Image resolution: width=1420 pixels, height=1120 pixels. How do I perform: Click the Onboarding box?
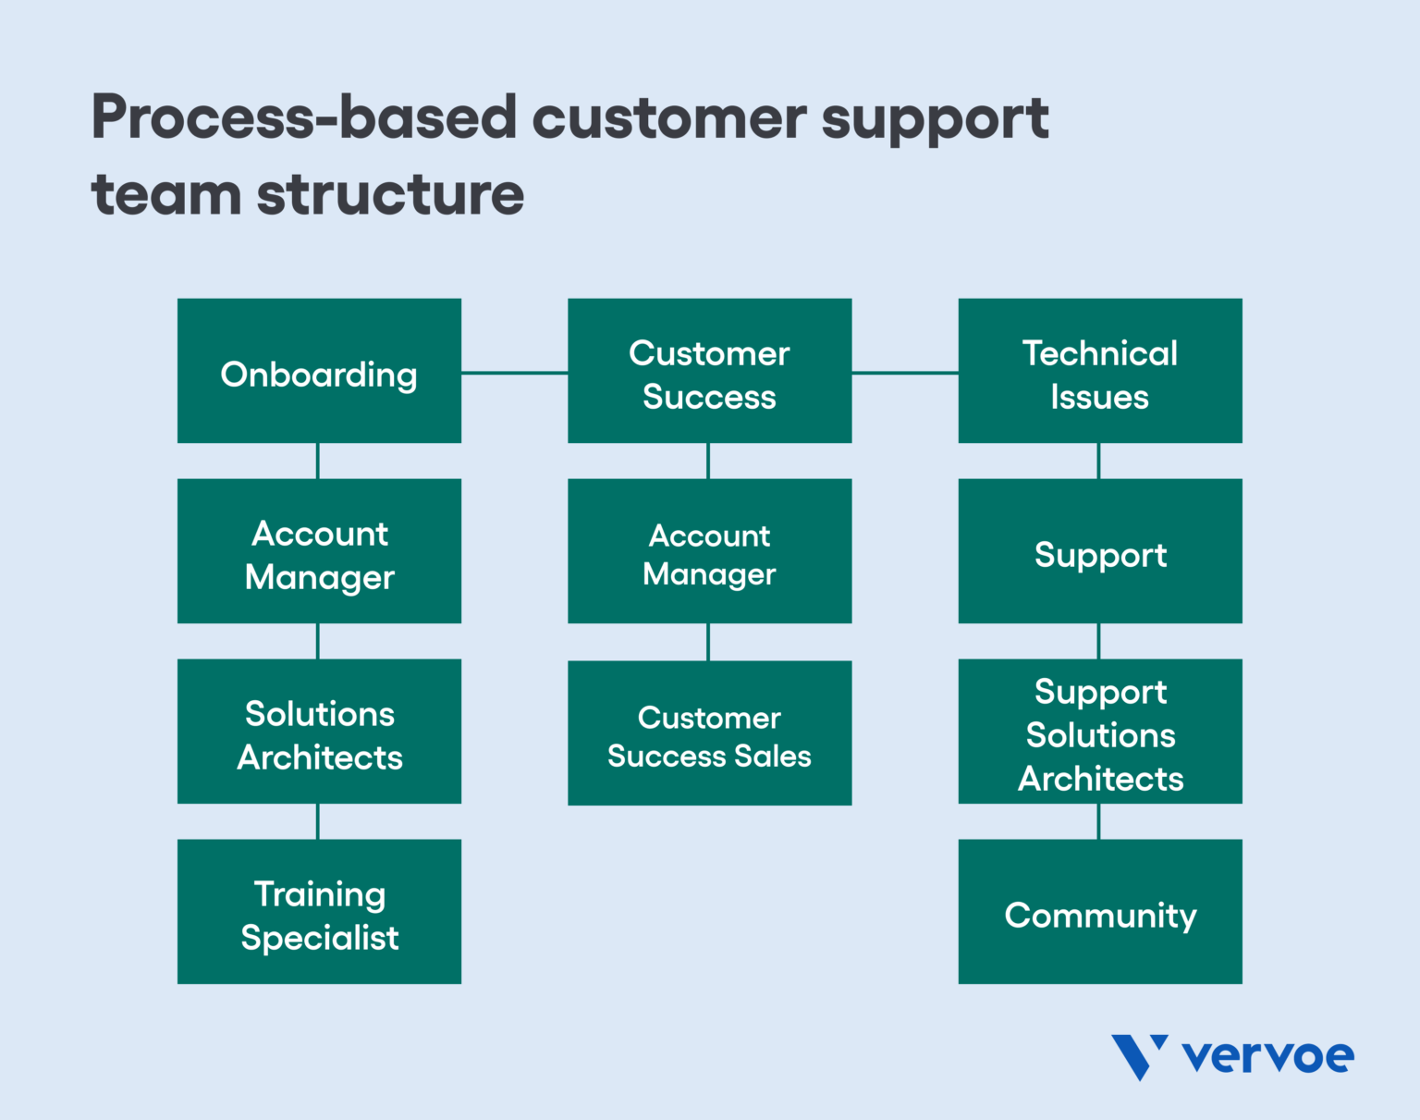point(319,371)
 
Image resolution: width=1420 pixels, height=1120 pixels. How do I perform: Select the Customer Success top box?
point(709,371)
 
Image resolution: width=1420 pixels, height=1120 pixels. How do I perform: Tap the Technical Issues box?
point(1099,371)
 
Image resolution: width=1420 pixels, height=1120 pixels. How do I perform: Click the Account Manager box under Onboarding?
point(319,551)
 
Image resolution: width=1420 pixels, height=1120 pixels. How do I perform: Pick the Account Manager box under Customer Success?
point(709,551)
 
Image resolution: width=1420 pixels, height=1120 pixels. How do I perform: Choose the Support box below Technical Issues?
point(1099,551)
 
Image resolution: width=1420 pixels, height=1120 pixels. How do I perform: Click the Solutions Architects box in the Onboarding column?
point(319,732)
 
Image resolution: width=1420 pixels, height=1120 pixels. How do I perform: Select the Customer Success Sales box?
point(709,733)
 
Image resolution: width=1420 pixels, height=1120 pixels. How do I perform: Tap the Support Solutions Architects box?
point(1099,732)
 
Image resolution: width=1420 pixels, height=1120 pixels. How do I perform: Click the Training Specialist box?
point(319,912)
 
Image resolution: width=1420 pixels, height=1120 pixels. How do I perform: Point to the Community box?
point(1099,912)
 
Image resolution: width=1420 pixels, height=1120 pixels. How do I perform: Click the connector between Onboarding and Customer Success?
point(514,373)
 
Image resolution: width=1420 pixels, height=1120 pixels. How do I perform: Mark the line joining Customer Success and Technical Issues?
point(904,373)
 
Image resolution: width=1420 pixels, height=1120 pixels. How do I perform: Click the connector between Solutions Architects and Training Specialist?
point(318,821)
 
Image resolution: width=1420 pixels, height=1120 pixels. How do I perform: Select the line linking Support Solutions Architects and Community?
point(1098,821)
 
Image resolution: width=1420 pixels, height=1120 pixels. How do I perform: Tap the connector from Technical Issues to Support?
point(1098,461)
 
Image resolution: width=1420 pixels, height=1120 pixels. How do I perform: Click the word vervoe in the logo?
point(1267,1056)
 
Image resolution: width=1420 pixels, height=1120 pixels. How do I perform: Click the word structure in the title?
point(390,195)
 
